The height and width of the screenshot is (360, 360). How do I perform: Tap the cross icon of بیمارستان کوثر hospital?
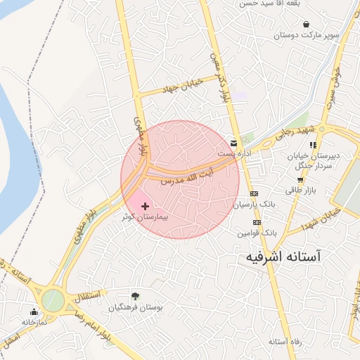tap(145, 206)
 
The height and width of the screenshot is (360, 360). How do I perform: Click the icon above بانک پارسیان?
tap(254, 193)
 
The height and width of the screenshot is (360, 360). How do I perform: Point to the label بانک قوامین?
tap(257, 231)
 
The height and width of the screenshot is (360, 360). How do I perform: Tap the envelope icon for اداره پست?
tap(233, 143)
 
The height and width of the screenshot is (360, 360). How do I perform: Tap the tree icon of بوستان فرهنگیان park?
tap(134, 296)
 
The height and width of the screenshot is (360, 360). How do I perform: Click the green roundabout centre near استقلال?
tap(53, 301)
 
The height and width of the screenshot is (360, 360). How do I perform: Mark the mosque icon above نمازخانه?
tap(33, 311)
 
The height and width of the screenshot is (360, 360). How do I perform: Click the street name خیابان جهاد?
tap(181, 86)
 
